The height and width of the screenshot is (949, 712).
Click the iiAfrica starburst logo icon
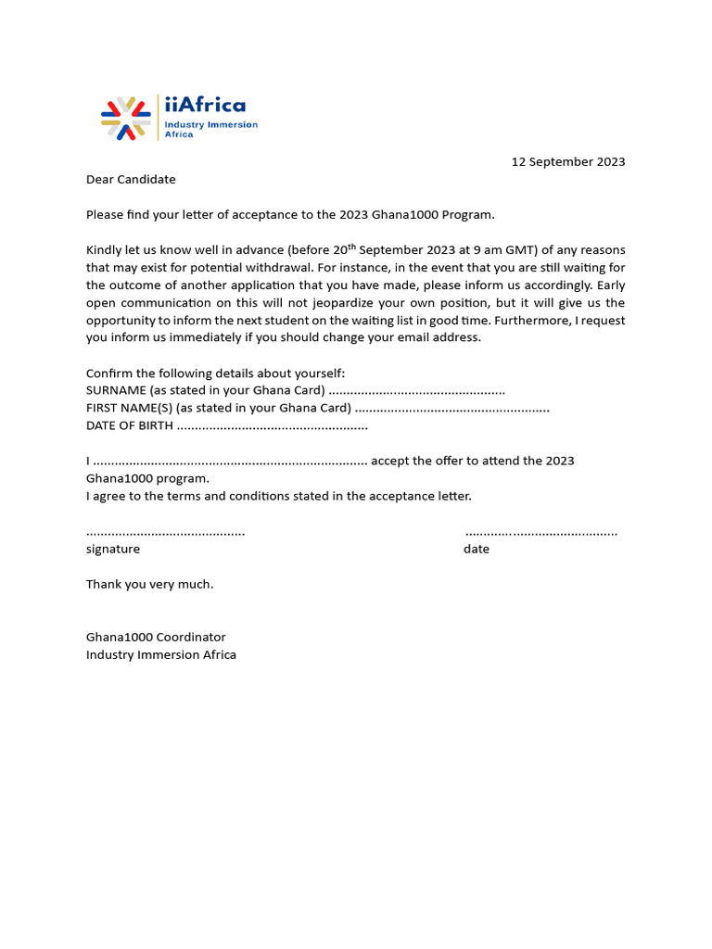pos(125,119)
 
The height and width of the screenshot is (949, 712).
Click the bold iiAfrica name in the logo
pos(205,105)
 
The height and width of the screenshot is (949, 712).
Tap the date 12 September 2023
pos(568,162)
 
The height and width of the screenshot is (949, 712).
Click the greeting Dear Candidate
pos(131,180)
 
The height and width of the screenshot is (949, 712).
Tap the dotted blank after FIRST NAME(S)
pos(451,409)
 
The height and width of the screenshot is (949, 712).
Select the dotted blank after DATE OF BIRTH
pos(272,426)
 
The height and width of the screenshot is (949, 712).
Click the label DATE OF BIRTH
pos(129,426)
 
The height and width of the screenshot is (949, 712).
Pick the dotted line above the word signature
pos(165,533)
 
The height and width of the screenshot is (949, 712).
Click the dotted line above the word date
pos(540,533)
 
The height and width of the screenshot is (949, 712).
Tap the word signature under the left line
pos(113,550)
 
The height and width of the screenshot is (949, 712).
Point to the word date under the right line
pos(477,550)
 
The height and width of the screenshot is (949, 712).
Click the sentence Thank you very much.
pos(149,585)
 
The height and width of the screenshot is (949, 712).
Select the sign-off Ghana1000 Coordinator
pos(156,638)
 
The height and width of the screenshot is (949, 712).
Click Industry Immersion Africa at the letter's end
pos(161,655)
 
